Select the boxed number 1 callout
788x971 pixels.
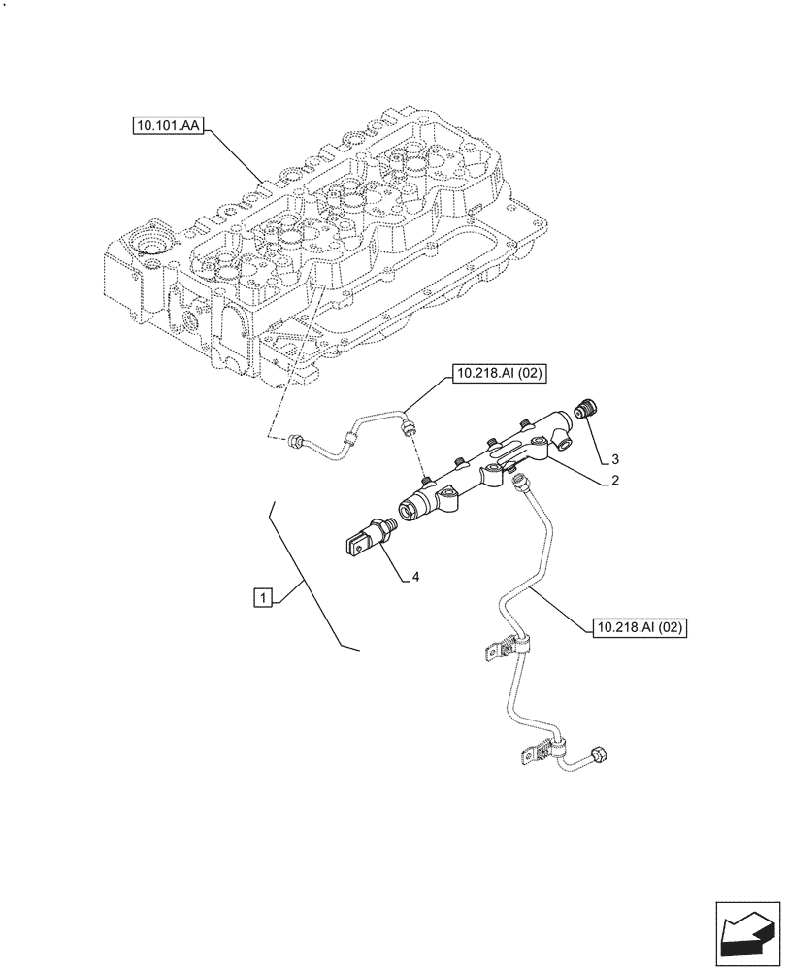coord(262,597)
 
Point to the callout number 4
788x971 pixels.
coord(414,577)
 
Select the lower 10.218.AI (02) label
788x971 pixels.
coord(638,628)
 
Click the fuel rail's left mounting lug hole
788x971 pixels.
coord(448,499)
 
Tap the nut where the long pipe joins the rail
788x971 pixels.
coord(519,477)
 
